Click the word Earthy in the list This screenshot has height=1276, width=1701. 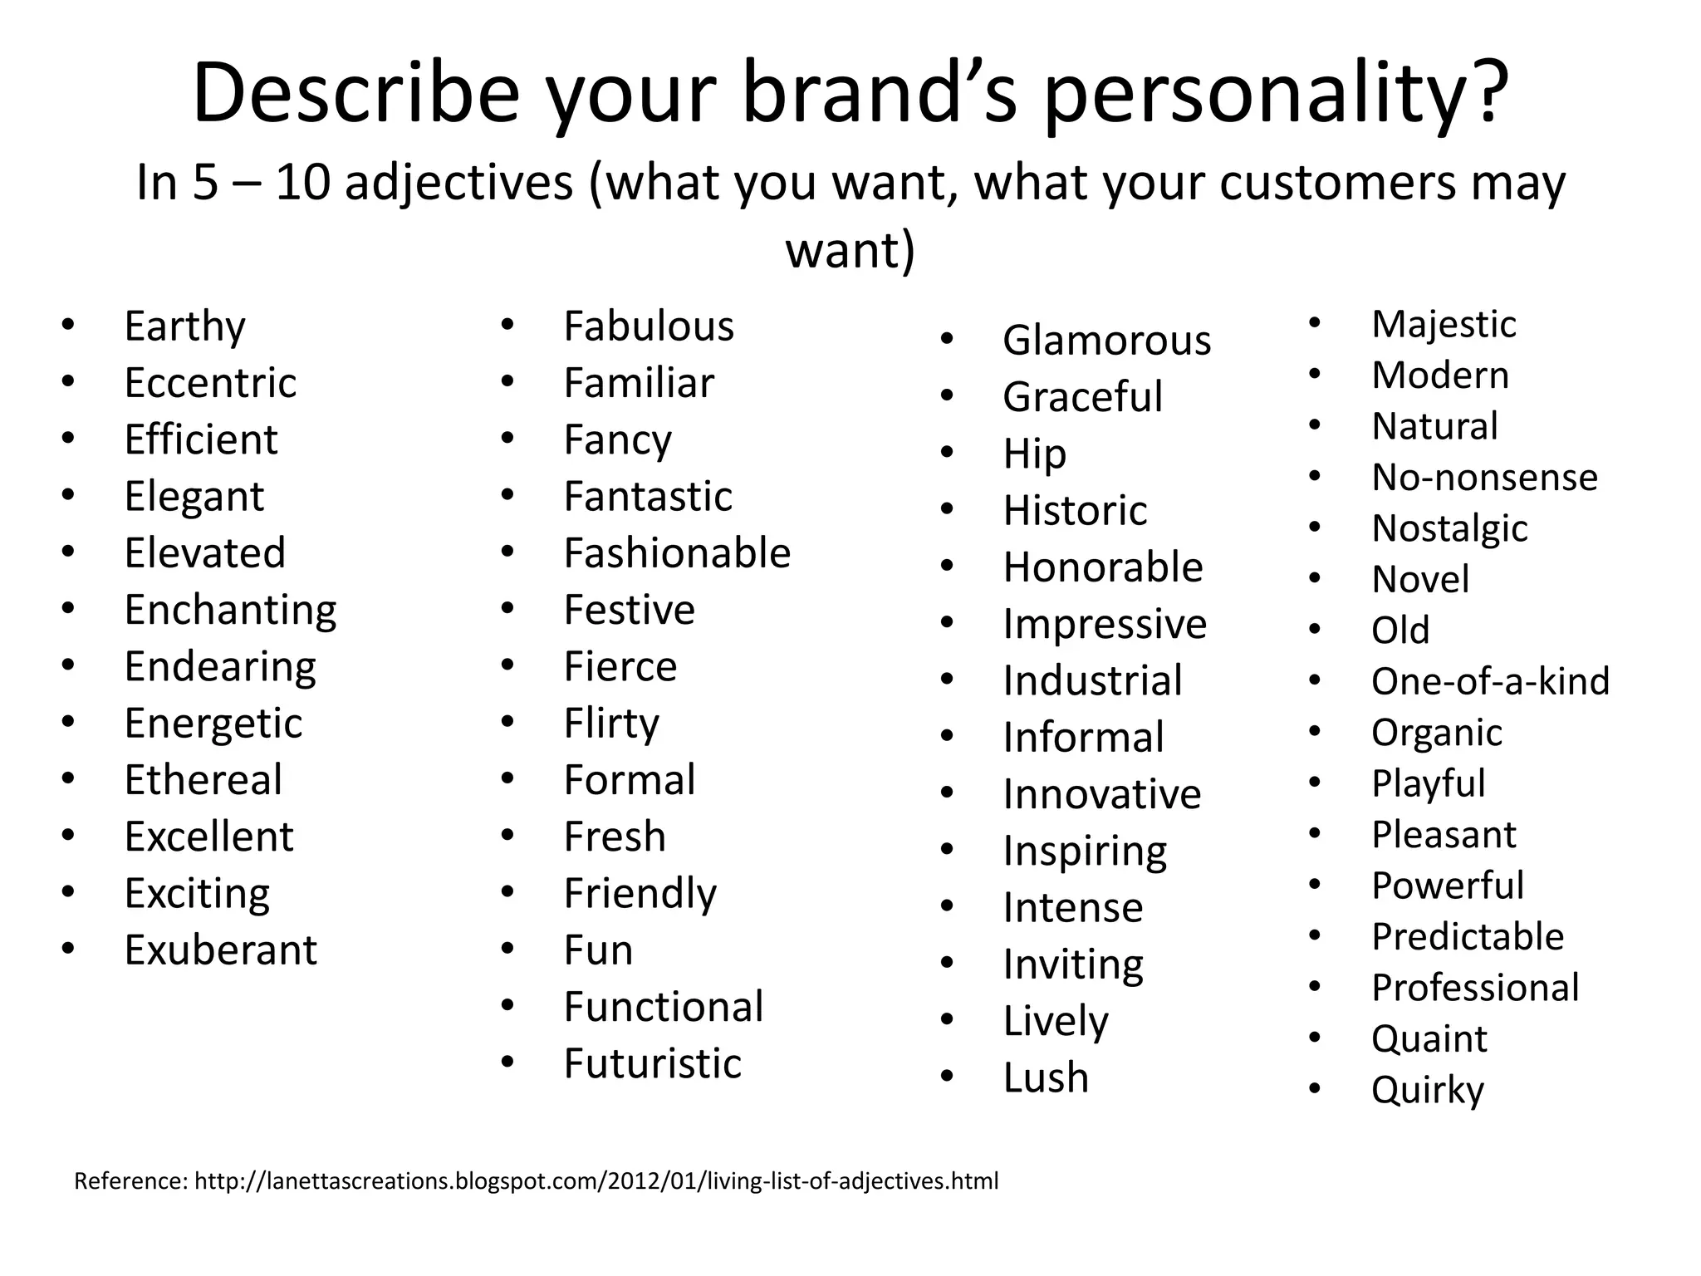point(184,326)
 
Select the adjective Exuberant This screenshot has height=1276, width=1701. point(220,950)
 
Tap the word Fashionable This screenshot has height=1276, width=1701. point(677,553)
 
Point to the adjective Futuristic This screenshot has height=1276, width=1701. point(652,1063)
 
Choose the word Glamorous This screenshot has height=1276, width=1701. point(1106,341)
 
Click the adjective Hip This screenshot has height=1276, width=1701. point(1034,454)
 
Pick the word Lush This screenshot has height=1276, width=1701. point(1045,1077)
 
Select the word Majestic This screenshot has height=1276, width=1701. point(1444,324)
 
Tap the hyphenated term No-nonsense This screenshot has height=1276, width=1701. point(1484,477)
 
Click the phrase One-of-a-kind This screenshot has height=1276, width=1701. point(1490,681)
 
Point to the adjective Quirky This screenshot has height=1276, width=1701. point(1427,1090)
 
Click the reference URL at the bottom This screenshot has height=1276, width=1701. point(596,1180)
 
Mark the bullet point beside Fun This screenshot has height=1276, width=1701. point(508,949)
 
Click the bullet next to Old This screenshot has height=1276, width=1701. point(1315,629)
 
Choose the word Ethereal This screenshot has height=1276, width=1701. point(203,780)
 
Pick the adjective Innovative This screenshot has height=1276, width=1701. point(1101,794)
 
